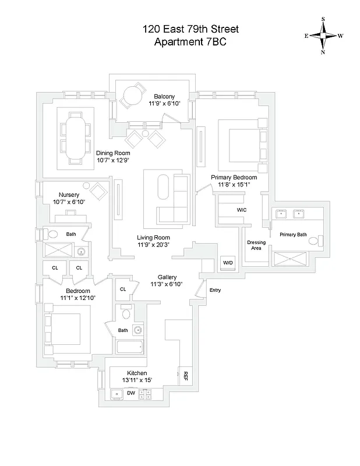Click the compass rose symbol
(323, 36)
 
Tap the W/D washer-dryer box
(227, 263)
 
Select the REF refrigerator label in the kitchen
(186, 376)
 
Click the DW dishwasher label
(132, 393)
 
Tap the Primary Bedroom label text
(233, 177)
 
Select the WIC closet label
(242, 209)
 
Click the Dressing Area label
(256, 245)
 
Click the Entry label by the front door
(215, 290)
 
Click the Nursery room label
(69, 195)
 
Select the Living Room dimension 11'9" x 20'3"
(154, 245)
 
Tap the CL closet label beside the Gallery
(123, 289)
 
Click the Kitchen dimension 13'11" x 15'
(137, 380)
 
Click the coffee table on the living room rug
(163, 188)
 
